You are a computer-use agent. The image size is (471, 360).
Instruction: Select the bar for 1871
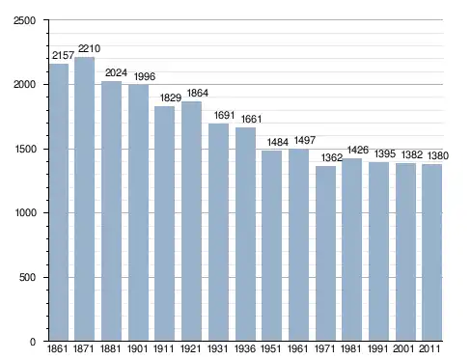coord(84,199)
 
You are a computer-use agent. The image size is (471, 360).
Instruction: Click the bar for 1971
coord(325,254)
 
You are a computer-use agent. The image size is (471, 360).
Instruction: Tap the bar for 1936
coord(245,235)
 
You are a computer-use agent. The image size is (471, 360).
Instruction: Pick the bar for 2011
coord(432,253)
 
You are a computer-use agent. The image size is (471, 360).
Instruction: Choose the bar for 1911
coord(164,224)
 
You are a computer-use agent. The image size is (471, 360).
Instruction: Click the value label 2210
coord(89,48)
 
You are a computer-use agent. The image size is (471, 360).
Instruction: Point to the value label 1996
coord(145,76)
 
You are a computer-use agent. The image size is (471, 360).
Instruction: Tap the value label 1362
coord(332,157)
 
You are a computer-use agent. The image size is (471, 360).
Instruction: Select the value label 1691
coord(224,115)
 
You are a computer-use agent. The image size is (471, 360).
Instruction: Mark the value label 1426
coord(358,150)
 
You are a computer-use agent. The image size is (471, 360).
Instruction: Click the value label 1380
coord(437,155)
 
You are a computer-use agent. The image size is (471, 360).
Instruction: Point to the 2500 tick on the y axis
coord(25,20)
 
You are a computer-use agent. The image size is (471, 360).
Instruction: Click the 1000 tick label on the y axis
coord(25,213)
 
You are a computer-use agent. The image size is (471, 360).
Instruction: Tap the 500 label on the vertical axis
coord(27,277)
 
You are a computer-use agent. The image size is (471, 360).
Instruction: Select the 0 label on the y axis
coord(33,342)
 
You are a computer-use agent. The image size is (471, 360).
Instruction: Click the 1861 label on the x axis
coord(57,348)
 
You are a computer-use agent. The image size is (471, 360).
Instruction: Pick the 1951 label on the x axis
coord(270,348)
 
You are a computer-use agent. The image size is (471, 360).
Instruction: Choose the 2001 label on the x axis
coord(403,348)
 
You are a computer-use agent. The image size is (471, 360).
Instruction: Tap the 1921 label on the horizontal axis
coord(190,348)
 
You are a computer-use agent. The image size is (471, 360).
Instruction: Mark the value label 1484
coord(278,142)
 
